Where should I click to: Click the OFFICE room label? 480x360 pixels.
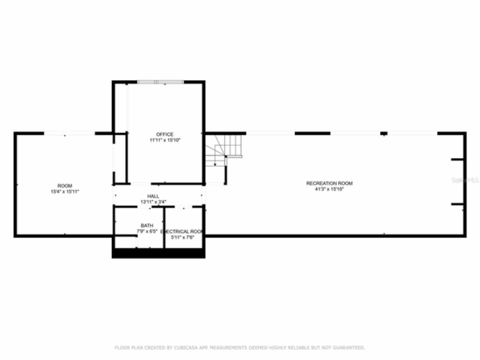tap(165, 134)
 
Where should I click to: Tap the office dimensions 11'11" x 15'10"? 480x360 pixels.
tap(165, 140)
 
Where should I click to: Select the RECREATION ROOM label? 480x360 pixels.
tap(329, 183)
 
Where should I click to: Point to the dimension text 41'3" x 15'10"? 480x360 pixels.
tap(329, 189)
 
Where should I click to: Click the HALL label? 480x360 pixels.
tap(153, 196)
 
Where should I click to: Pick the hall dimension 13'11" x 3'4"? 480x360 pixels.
tap(153, 202)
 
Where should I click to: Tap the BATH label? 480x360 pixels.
tap(147, 225)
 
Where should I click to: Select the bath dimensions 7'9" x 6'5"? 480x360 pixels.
tap(147, 231)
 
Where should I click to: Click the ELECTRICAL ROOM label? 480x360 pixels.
tap(181, 231)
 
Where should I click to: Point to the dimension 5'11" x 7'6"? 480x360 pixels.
tap(182, 237)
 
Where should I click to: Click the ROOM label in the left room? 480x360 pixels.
tap(64, 186)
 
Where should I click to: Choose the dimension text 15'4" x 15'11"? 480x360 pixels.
tap(64, 192)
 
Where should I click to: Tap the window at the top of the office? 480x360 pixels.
tap(160, 82)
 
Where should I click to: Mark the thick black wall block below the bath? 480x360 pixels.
tap(158, 253)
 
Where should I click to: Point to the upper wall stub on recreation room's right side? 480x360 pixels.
tap(457, 160)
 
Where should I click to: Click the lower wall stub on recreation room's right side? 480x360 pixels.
tap(457, 204)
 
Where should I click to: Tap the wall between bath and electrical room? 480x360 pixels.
tap(164, 227)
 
